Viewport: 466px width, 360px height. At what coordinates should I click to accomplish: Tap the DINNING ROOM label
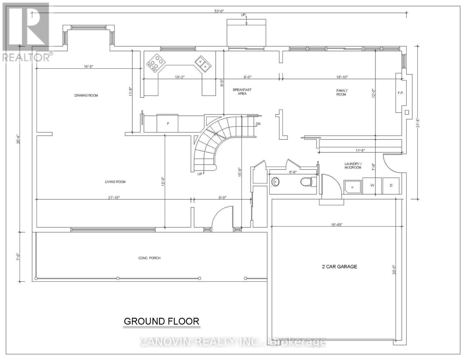click(86, 95)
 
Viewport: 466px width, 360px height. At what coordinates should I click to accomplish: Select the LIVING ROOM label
click(115, 182)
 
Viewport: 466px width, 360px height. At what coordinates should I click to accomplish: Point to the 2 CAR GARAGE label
click(340, 267)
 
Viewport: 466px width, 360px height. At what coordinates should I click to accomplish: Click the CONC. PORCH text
click(149, 258)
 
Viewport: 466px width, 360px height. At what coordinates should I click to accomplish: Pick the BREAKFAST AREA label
click(242, 91)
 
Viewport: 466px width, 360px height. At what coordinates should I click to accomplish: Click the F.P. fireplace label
click(401, 93)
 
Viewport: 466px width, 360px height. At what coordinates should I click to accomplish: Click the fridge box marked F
click(167, 124)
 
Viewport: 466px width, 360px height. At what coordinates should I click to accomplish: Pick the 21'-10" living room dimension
click(114, 198)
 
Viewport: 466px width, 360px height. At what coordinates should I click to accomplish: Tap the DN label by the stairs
click(258, 124)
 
